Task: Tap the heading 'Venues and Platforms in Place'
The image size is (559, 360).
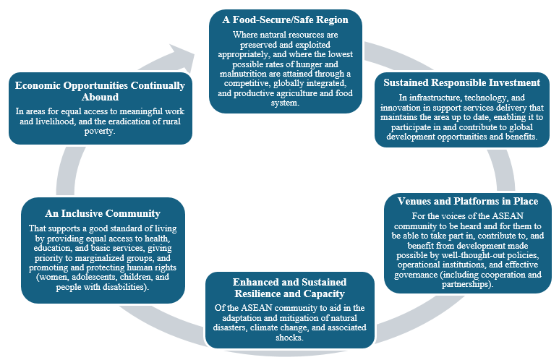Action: coord(468,201)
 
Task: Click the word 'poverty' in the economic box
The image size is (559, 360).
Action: coord(101,132)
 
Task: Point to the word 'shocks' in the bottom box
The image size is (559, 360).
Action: coord(289,338)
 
